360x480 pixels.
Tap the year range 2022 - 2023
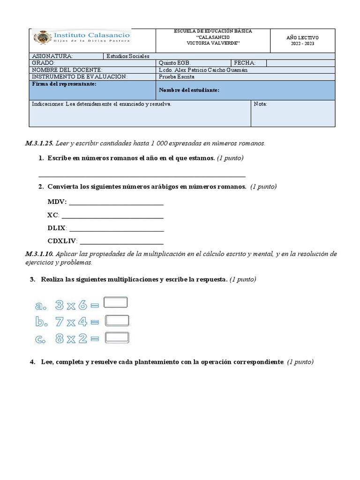point(302,44)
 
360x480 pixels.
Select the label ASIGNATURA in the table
point(52,56)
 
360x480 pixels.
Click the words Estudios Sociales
point(128,56)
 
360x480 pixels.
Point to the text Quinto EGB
point(175,63)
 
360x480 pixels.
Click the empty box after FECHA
point(300,63)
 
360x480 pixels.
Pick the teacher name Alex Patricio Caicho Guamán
point(203,70)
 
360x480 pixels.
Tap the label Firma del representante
point(64,84)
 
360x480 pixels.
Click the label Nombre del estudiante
point(189,90)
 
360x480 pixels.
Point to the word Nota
point(260,104)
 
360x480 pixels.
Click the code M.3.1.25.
point(40,143)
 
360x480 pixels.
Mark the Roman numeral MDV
point(57,202)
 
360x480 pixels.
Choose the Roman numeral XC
point(52,215)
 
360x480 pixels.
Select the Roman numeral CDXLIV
point(62,241)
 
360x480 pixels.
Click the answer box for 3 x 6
point(116,302)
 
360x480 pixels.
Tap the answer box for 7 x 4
point(117,321)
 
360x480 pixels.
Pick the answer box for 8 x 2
point(117,337)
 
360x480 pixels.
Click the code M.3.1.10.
point(40,254)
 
